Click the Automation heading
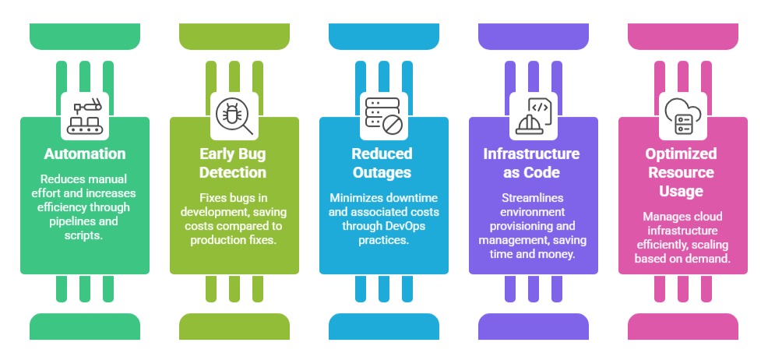[85, 154]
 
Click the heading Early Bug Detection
[234, 163]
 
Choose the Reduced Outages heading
[383, 163]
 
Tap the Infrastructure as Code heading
[533, 163]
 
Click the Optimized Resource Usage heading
[682, 172]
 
